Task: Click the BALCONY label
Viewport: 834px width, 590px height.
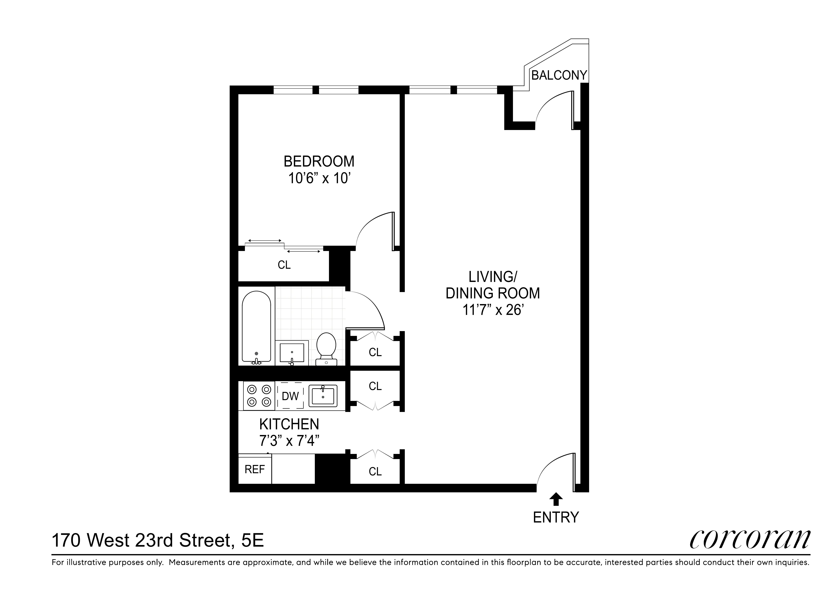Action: pos(559,75)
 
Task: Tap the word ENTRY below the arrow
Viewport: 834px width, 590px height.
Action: pos(555,517)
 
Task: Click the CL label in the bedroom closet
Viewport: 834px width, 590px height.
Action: pos(284,265)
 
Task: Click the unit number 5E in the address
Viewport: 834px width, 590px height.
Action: pos(253,541)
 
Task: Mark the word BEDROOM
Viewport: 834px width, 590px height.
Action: pos(319,161)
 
